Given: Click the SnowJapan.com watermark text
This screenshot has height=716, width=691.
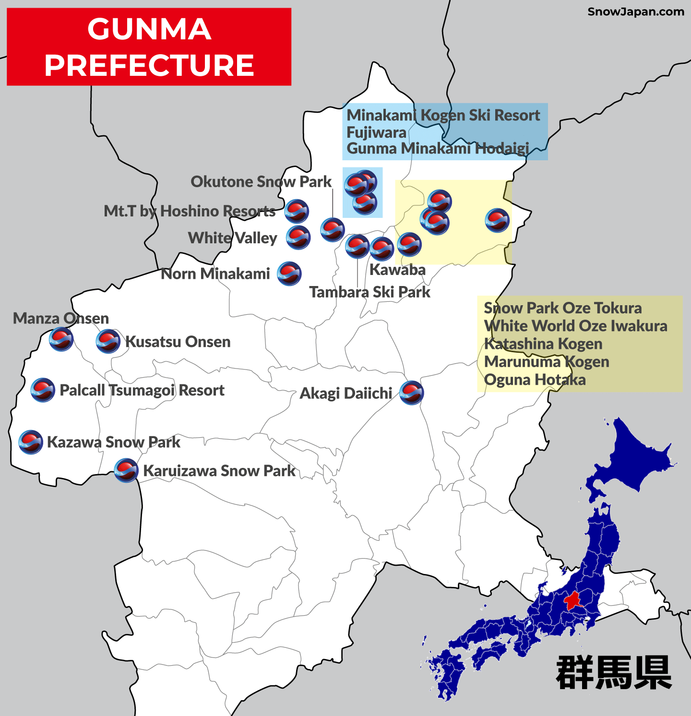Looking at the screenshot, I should [636, 12].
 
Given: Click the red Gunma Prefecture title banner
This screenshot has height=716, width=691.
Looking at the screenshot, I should [149, 47].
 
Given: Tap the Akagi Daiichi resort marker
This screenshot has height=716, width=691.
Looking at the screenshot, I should [411, 393].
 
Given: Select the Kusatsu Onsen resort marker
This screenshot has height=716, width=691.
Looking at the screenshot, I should [108, 341].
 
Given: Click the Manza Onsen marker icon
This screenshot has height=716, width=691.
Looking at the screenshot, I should [61, 339].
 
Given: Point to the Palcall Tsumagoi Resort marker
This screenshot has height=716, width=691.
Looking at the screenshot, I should [43, 390].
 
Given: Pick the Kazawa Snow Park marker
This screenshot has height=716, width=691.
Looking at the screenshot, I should [31, 442].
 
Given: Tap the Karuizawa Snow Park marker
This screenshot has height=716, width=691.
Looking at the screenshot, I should [126, 470].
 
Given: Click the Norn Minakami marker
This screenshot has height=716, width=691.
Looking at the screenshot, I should [289, 274].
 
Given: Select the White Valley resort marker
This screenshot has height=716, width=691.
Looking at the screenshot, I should [298, 237].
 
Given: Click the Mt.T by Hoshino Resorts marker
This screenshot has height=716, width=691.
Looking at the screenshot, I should [297, 211].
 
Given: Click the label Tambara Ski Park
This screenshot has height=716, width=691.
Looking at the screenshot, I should [369, 292].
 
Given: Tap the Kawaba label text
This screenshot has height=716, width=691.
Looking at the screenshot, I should [397, 270].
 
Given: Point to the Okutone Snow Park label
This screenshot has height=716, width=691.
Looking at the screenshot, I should [261, 181].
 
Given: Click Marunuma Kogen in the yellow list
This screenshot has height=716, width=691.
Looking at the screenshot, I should [547, 361].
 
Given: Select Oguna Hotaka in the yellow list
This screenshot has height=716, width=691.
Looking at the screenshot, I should [535, 380].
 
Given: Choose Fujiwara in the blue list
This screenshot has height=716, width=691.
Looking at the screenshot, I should [376, 132].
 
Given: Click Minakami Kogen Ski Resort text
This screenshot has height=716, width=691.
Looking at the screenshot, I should [443, 115].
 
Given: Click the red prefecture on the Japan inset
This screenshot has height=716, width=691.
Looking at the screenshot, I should [573, 601].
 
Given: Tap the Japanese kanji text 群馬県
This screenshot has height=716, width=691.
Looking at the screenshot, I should [614, 673].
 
